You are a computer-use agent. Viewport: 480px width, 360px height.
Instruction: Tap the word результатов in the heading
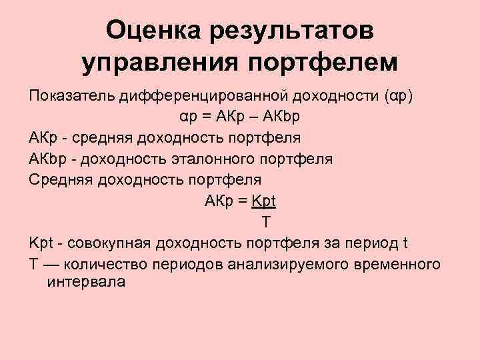294,30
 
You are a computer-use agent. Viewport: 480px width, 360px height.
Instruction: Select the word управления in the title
159,63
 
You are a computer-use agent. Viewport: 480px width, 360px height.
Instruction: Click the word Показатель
71,97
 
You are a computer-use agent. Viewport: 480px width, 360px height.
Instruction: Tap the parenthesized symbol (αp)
399,97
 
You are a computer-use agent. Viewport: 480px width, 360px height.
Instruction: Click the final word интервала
86,281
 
